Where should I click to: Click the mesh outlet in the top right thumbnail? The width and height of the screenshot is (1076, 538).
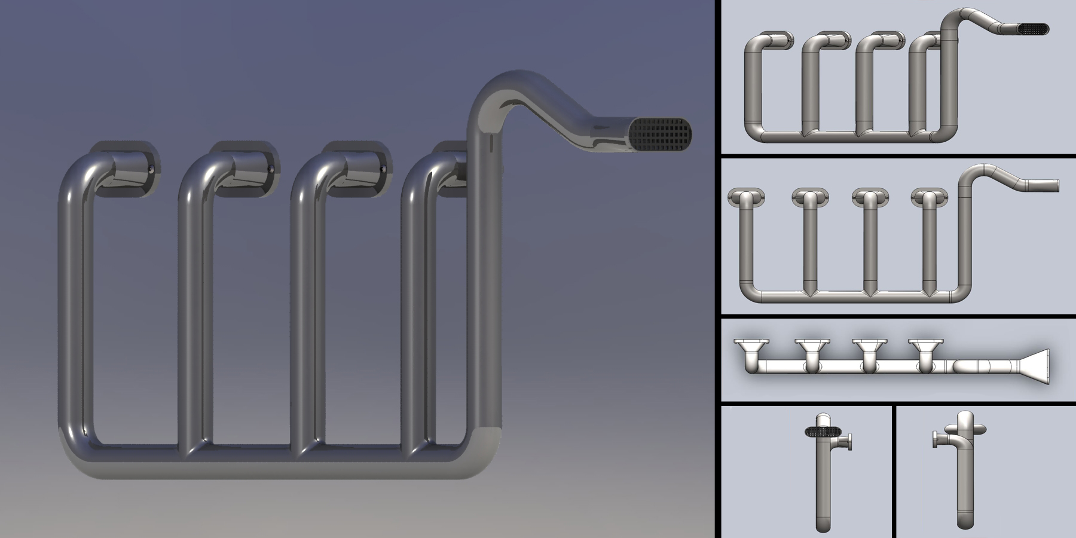(x=1033, y=29)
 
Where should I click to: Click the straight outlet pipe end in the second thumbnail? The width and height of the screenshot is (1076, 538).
(x=1052, y=185)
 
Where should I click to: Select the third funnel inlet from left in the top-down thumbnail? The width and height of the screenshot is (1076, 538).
(x=866, y=347)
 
